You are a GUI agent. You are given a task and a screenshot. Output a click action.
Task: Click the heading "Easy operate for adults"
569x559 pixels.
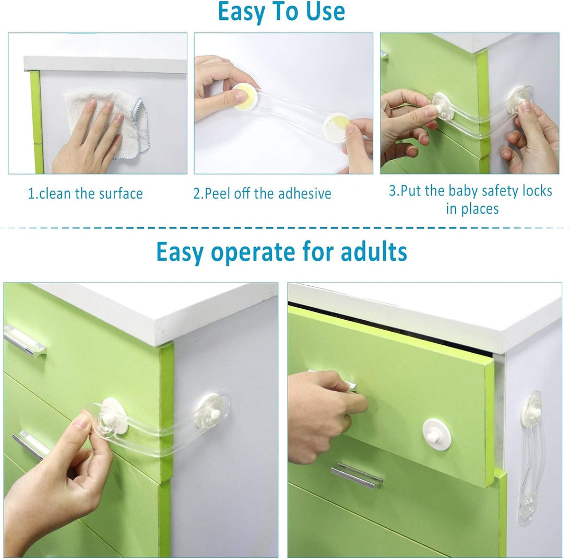click(x=281, y=252)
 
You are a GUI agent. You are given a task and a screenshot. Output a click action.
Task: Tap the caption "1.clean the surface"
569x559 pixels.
click(x=85, y=193)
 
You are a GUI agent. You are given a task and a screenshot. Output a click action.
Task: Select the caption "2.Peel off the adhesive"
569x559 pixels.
click(x=262, y=193)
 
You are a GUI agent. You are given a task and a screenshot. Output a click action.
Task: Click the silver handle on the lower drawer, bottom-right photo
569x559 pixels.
click(x=357, y=475)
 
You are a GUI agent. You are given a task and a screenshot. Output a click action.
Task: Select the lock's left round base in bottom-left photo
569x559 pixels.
click(x=114, y=416)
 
